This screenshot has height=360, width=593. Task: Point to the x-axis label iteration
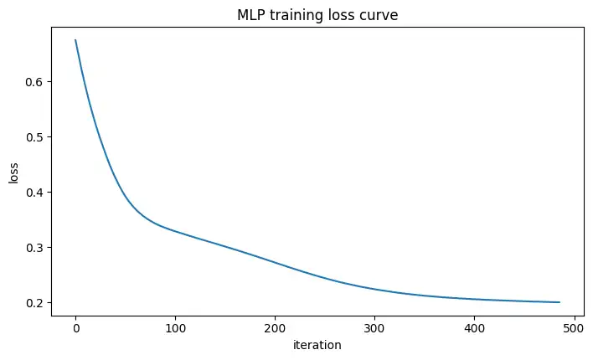click(317, 344)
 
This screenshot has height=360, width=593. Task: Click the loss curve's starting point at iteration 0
click(75, 40)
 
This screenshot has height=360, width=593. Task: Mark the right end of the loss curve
click(559, 302)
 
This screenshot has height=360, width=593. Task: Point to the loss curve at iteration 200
click(275, 261)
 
